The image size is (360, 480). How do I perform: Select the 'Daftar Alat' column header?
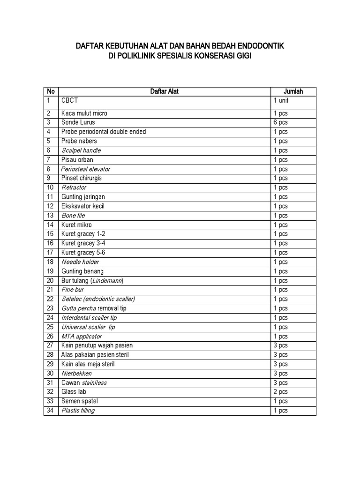click(x=164, y=91)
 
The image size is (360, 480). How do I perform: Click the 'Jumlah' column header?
click(x=293, y=91)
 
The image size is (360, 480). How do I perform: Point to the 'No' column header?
click(x=51, y=91)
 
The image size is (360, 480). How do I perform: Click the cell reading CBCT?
click(x=69, y=101)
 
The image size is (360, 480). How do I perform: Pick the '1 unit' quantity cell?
click(x=282, y=101)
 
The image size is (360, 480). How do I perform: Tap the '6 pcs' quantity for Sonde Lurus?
click(x=281, y=122)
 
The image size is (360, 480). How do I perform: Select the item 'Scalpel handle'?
click(x=81, y=150)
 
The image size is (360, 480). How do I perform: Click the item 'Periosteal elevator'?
click(x=85, y=169)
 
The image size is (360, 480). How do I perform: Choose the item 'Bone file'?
click(x=75, y=216)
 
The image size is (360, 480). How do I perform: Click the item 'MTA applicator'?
click(x=81, y=337)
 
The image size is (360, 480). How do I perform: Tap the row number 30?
click(x=50, y=374)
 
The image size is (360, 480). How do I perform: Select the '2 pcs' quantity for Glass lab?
click(x=281, y=392)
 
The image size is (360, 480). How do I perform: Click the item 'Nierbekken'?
click(x=76, y=374)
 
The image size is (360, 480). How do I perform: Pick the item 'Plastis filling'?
click(x=78, y=411)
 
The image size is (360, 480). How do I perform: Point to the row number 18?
click(x=50, y=262)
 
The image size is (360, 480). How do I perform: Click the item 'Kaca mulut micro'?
click(x=84, y=113)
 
